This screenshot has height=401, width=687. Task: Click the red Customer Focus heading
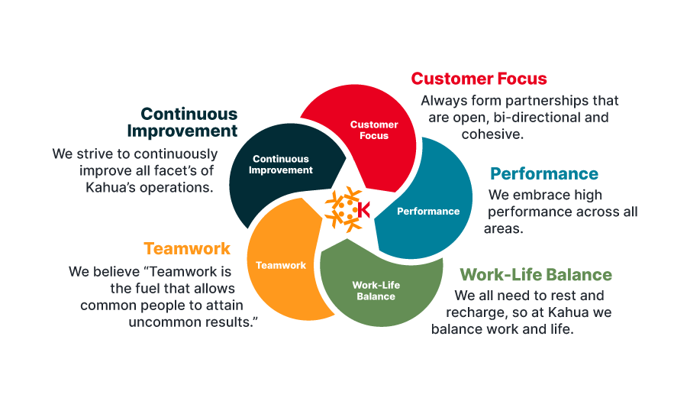tap(479, 79)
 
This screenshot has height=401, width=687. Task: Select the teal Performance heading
tap(544, 173)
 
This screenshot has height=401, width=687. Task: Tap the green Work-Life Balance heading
tap(536, 275)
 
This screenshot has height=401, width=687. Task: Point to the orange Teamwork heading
tap(187, 248)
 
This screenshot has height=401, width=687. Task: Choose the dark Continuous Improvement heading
tap(182, 122)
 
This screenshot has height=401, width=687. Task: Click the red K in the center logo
tap(363, 210)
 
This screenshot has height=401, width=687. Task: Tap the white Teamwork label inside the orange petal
tap(281, 265)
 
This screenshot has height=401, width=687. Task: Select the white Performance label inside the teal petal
tap(428, 212)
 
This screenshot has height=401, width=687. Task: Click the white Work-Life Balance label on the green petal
tap(376, 290)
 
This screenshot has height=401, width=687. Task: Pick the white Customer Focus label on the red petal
tap(374, 130)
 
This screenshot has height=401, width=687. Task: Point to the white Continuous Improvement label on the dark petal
tap(281, 164)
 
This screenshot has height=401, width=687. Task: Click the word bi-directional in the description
tap(529, 118)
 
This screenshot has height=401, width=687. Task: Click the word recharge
tap(475, 312)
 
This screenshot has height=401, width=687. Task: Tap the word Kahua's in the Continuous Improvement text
tap(111, 187)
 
